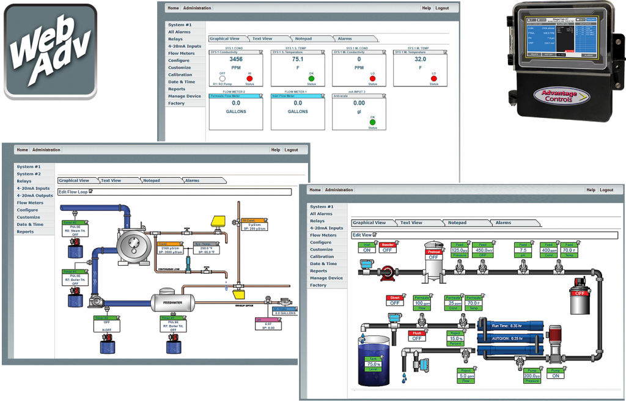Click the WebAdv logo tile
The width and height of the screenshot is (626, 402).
coord(50,49)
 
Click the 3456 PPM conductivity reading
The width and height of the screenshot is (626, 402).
coord(235,60)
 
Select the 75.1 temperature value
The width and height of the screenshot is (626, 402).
coord(298,60)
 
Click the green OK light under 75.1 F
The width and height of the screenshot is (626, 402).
coord(311,79)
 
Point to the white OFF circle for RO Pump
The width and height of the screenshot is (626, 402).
coord(222,79)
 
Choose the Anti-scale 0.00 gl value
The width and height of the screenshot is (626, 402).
coord(359,103)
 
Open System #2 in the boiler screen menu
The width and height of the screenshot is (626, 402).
coord(29,174)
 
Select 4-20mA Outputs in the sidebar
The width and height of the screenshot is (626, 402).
coord(35,196)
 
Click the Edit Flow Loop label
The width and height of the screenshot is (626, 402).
coord(73,191)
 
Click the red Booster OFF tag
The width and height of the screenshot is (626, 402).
coord(388,247)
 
